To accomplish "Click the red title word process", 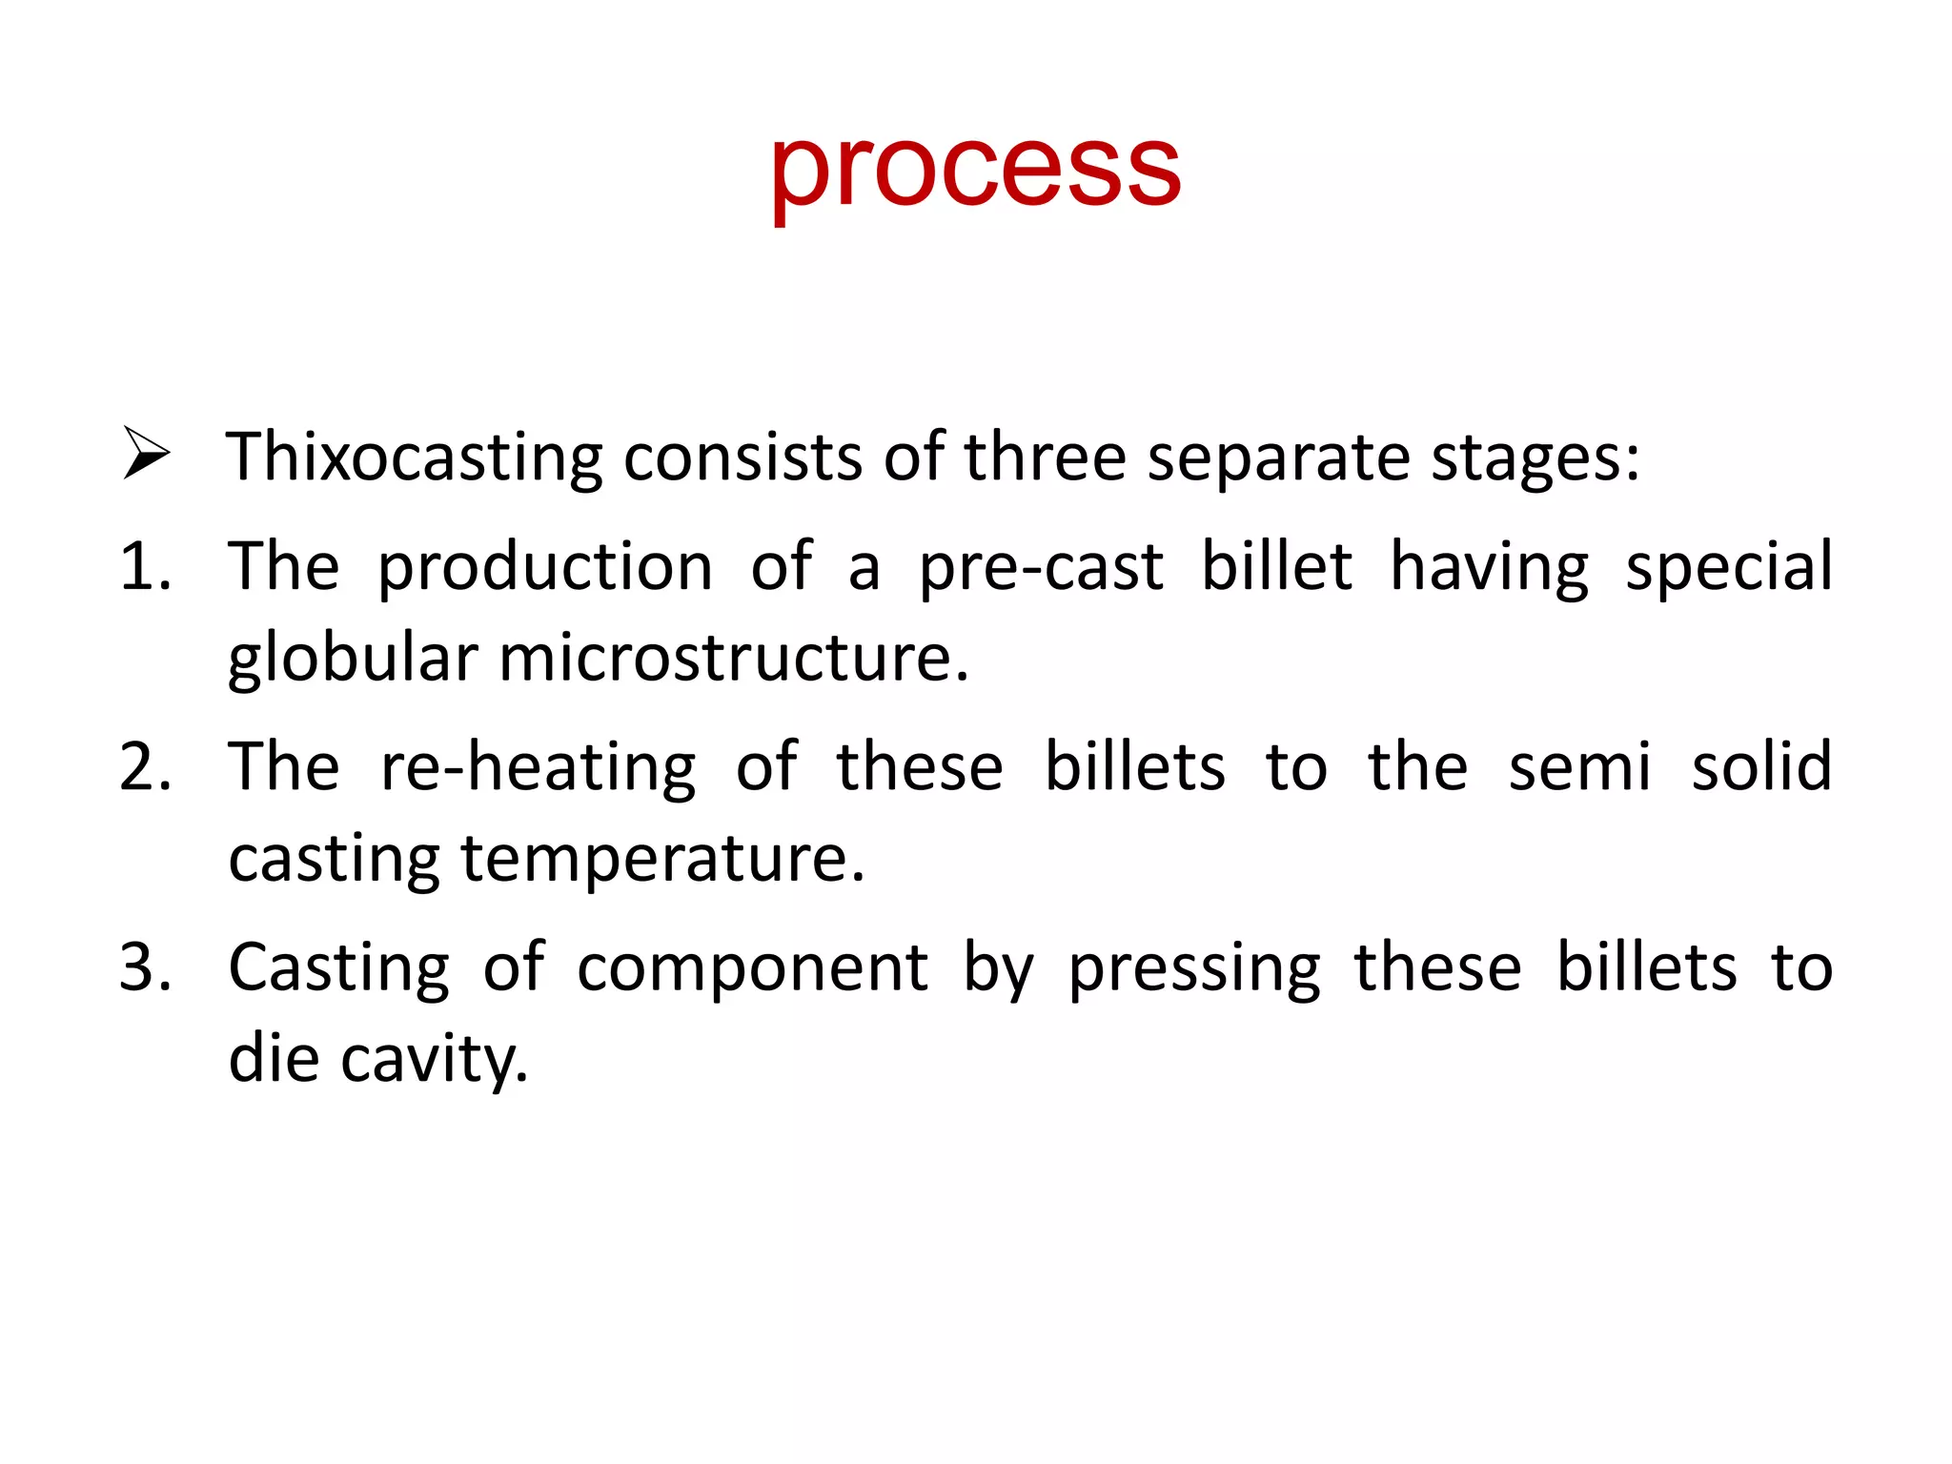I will coord(975,172).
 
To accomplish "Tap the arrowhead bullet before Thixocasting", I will coord(146,454).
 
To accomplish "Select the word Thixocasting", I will coord(414,457).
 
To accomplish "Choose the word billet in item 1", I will coord(1275,567).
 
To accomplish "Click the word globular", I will coord(353,660).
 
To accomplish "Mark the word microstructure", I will coord(733,660).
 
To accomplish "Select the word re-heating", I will coord(538,769).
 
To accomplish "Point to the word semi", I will coord(1578,767).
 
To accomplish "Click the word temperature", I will coord(662,860).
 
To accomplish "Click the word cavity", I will coord(434,1060).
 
